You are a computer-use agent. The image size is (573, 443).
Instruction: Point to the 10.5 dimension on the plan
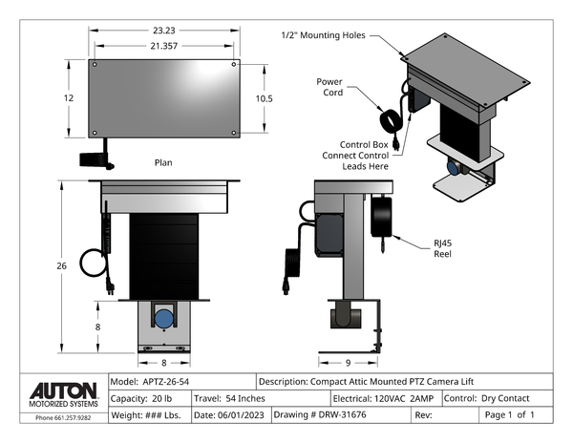point(265,98)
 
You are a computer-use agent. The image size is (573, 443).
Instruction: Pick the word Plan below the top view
point(163,163)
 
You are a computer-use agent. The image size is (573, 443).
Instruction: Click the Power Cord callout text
point(330,87)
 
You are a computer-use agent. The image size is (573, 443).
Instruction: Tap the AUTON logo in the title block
point(63,390)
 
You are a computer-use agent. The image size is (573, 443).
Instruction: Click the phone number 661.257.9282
point(64,418)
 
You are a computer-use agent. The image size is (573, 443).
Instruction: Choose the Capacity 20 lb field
point(142,398)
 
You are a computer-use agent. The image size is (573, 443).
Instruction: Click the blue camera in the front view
point(164,318)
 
